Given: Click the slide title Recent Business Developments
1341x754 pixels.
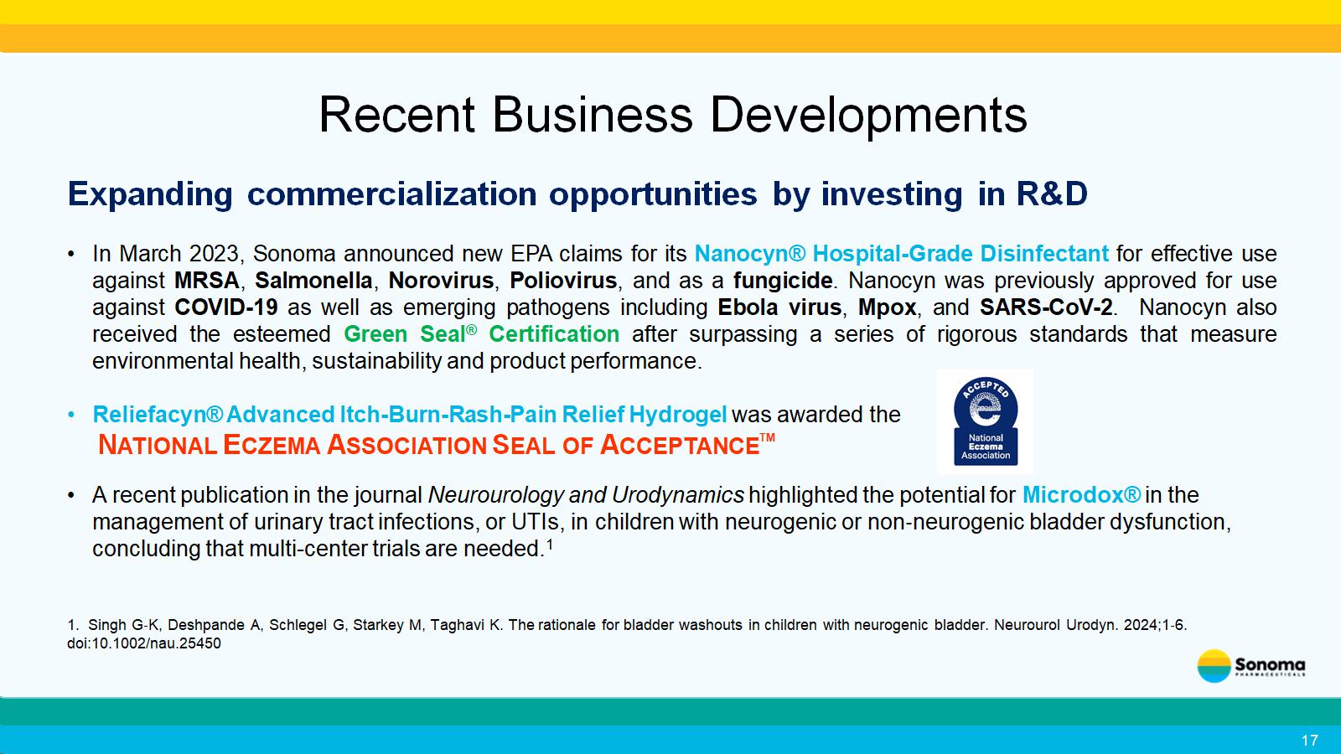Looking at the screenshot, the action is tap(673, 115).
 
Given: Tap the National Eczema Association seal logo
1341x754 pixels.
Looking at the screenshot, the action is tap(986, 421).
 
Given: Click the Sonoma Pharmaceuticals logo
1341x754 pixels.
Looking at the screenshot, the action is tap(1251, 666).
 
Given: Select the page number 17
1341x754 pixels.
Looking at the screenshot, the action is tap(1309, 741).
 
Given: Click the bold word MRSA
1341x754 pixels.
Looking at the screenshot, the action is tap(206, 281).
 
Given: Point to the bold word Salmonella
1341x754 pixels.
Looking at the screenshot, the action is tap(313, 281).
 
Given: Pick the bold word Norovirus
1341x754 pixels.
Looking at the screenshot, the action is tap(441, 281).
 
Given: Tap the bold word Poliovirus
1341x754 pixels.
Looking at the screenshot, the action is tap(563, 281).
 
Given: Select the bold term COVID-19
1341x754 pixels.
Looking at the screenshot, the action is tap(226, 307).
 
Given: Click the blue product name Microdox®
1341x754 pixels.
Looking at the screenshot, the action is tap(1082, 495).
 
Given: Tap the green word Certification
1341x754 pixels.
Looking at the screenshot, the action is tap(554, 334).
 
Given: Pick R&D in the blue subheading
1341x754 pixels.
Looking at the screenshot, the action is tap(1051, 194).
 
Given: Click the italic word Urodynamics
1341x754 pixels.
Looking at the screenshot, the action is tap(678, 495).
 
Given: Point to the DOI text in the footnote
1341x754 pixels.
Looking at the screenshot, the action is tap(143, 643).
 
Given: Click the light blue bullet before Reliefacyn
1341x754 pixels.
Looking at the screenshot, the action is tap(72, 415).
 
